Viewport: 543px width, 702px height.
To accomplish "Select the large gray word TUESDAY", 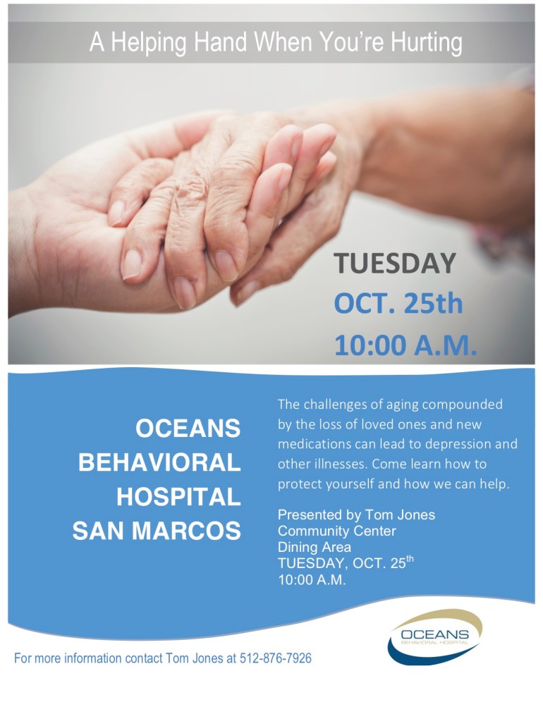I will tap(395, 263).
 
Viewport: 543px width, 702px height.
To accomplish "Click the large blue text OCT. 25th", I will tap(398, 304).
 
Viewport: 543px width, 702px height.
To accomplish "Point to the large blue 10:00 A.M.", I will tap(405, 345).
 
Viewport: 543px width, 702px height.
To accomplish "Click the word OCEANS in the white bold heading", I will tap(188, 427).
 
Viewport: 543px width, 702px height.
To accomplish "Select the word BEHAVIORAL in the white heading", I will tap(159, 462).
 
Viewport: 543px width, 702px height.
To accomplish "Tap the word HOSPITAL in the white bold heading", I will tap(178, 497).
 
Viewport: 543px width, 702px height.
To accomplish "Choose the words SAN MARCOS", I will tap(157, 531).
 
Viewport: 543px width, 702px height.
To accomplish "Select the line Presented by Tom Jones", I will tap(356, 515).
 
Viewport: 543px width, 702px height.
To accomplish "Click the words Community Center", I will tap(336, 531).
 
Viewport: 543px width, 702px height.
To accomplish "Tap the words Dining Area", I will tap(314, 547).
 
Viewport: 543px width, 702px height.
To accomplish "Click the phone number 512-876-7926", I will tap(271, 658).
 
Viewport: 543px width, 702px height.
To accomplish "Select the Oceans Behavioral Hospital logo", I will tap(434, 636).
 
